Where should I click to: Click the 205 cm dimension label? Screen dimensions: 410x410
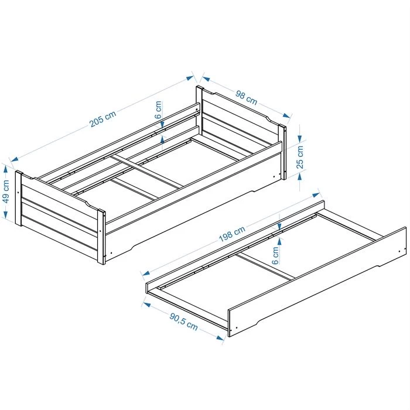[x=102, y=119]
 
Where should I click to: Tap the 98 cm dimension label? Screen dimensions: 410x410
[x=247, y=97]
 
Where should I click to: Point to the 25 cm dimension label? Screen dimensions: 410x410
[x=300, y=157]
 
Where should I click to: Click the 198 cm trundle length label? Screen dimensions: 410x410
[x=232, y=234]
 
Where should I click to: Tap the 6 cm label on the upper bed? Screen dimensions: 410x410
[x=158, y=110]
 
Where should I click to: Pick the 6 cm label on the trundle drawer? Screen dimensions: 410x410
[x=275, y=255]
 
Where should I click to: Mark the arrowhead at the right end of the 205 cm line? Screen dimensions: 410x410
[x=190, y=78]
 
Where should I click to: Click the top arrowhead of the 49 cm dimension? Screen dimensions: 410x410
[x=6, y=169]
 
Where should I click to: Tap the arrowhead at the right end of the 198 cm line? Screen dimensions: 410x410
[x=316, y=195]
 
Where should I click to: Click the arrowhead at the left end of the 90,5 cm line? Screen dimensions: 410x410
[x=146, y=305]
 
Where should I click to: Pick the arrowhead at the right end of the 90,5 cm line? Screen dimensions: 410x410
[x=220, y=337]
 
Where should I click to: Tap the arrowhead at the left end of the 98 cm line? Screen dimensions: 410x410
[x=206, y=78]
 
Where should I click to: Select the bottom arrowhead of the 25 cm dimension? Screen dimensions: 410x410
[x=300, y=177]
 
